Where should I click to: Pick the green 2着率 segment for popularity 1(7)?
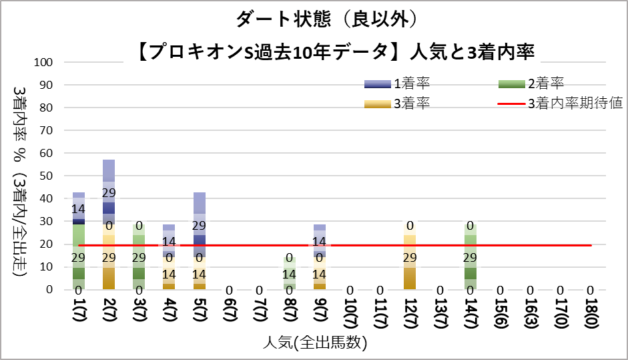tap(79, 257)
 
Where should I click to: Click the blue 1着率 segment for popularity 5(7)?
tap(200, 214)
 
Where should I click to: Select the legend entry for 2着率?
tap(531, 83)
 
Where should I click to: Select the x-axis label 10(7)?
tap(349, 313)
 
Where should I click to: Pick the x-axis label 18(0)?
tap(590, 313)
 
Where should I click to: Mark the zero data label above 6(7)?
tap(230, 291)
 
